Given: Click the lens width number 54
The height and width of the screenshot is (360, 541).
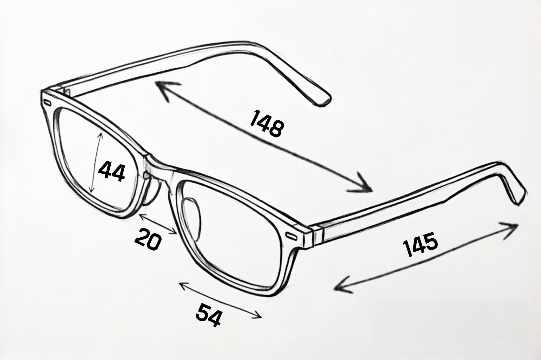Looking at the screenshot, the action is pyautogui.click(x=208, y=315).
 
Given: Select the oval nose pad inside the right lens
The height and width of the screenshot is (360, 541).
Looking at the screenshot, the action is pyautogui.click(x=192, y=219).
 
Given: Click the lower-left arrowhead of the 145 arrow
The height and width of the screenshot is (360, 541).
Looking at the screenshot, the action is pyautogui.click(x=342, y=286).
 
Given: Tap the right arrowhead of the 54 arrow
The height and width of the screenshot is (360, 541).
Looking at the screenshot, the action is pyautogui.click(x=257, y=315).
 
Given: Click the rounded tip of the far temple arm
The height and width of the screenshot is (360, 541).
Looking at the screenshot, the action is pyautogui.click(x=324, y=101).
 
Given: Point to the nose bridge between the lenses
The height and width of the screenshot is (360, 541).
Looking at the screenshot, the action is pyautogui.click(x=157, y=169).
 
